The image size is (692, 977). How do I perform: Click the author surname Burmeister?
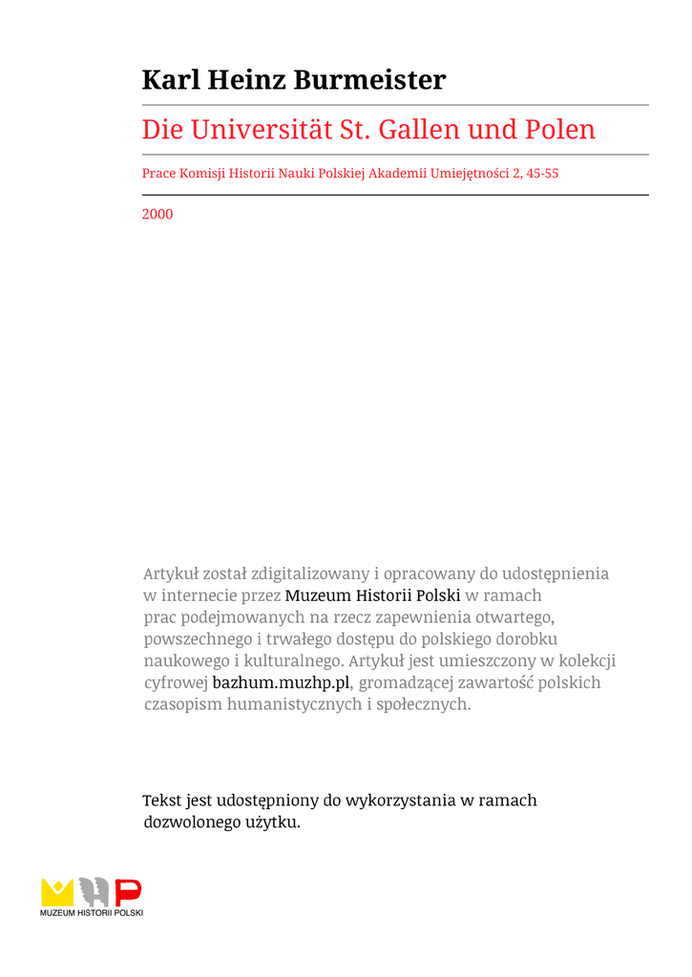(x=369, y=80)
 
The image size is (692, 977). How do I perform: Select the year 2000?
(x=157, y=215)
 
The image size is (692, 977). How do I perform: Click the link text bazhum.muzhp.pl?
(x=282, y=683)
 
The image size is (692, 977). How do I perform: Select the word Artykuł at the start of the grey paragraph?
(x=171, y=574)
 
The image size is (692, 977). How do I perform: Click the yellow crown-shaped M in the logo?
(x=57, y=892)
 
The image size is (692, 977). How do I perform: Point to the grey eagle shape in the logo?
(x=94, y=892)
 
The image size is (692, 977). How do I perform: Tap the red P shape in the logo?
(x=129, y=892)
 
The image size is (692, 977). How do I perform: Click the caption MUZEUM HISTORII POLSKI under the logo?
(x=92, y=914)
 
